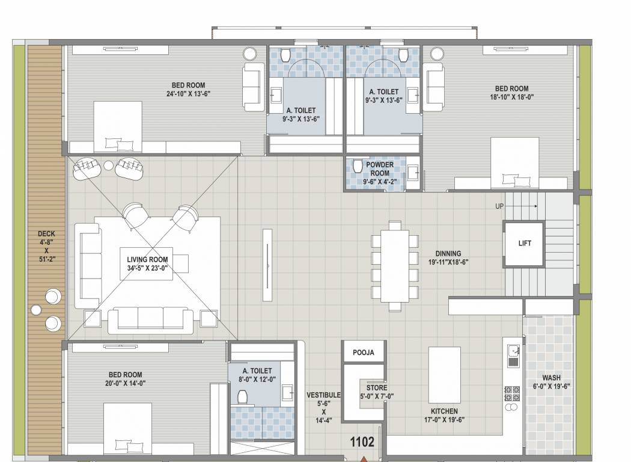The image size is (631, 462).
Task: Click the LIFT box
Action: pyautogui.click(x=524, y=244)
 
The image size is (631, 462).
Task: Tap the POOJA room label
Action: pyautogui.click(x=363, y=353)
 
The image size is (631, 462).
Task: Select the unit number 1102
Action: pyautogui.click(x=362, y=442)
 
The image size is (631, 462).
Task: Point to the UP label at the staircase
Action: pyautogui.click(x=499, y=206)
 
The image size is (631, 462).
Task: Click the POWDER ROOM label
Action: pyautogui.click(x=380, y=168)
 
